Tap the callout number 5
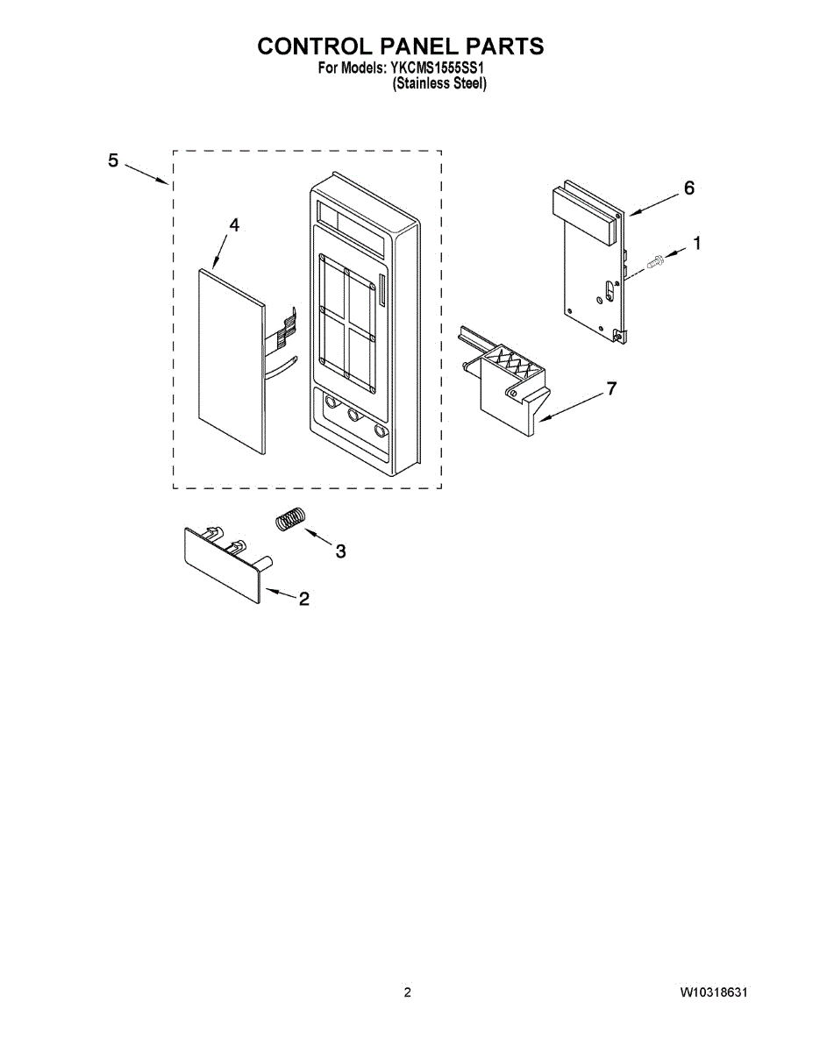point(113,160)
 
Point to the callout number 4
point(233,225)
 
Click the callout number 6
point(688,188)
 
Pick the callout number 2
point(303,600)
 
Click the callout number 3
point(340,551)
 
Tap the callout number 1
point(697,245)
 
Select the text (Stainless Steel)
point(439,84)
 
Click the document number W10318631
point(714,992)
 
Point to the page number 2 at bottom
point(407,992)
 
